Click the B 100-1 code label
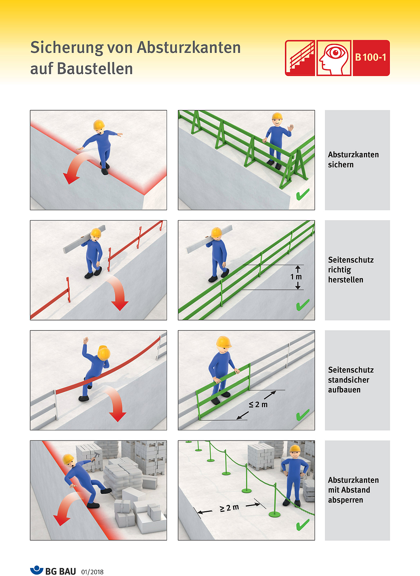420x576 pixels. point(371,57)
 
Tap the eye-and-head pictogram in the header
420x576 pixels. point(334,58)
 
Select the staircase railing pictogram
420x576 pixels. point(300,58)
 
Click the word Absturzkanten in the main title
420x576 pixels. point(189,48)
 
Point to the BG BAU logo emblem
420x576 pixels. point(36,570)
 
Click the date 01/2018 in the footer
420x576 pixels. point(92,572)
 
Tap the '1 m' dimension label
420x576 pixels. point(296,277)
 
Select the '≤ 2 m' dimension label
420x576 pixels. point(258,404)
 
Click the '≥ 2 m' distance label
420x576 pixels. point(229,508)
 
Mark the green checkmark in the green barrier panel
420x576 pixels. point(302,194)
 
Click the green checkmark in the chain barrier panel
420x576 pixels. point(302,525)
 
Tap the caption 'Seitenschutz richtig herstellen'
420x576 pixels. point(351,270)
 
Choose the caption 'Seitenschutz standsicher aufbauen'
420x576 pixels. point(351,380)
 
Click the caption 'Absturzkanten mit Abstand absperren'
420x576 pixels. point(353,490)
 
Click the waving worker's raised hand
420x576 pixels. point(290,127)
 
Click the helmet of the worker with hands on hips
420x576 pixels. point(295,449)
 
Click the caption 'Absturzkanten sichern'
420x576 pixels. point(353,160)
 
